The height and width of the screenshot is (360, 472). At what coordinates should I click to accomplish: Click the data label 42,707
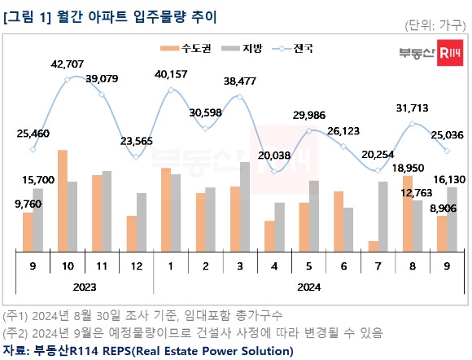(68, 64)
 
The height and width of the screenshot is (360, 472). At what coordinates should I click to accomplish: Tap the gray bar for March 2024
(245, 207)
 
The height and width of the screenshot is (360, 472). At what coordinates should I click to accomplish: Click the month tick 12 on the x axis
(137, 266)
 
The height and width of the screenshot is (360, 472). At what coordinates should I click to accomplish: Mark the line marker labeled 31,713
(413, 124)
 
